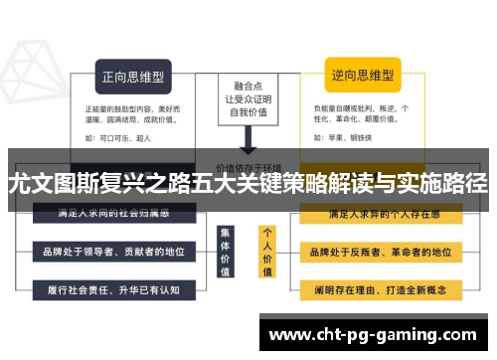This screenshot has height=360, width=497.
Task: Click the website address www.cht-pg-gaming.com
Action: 373,334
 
